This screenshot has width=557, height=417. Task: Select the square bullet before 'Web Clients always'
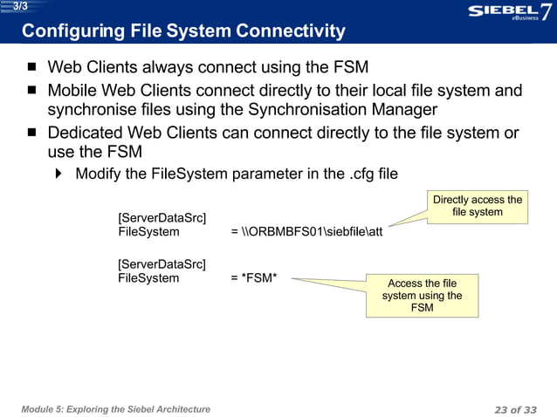coord(32,67)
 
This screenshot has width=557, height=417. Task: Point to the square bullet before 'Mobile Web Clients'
coord(32,91)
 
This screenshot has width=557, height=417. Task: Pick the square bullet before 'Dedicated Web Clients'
coord(32,133)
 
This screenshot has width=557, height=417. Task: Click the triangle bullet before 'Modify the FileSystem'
coord(59,174)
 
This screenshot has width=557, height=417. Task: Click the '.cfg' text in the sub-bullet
coord(374,174)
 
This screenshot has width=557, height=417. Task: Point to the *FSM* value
coord(265,279)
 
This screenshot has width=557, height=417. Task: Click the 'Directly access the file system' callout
coord(478,207)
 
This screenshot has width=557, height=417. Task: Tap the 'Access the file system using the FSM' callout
coord(422,296)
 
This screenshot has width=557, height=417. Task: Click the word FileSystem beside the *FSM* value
coord(148,279)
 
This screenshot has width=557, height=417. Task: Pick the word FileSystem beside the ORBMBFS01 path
coord(148,232)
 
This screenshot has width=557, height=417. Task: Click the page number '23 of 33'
coord(515,408)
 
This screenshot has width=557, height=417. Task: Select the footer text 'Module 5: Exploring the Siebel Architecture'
coord(116,408)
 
